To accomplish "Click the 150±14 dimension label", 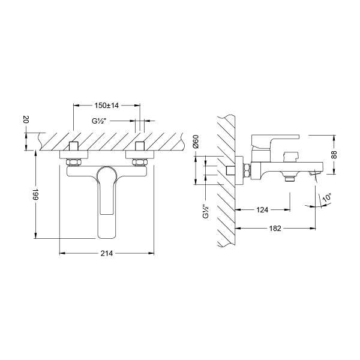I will pos(106,105).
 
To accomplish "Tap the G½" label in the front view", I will pos(100,121).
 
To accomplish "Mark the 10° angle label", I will pos(328,199).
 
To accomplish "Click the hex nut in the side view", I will pos(246,170).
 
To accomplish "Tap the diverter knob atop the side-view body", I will pos(291,155).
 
